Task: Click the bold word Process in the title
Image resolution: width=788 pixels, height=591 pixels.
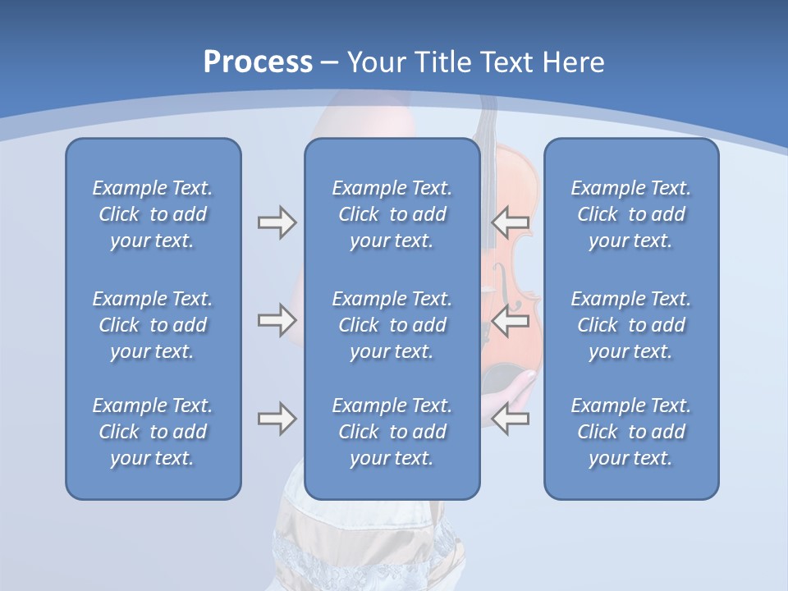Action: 258,62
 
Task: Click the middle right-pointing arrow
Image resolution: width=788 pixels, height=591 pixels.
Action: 277,320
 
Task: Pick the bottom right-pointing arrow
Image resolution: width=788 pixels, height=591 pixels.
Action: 277,419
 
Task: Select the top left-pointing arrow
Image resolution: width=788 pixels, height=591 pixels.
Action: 511,222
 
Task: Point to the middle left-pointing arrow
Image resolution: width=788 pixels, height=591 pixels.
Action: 511,320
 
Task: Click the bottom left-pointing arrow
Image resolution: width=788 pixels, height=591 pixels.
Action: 511,419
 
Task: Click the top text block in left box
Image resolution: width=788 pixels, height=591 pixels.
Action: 153,214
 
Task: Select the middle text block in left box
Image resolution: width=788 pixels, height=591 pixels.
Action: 153,325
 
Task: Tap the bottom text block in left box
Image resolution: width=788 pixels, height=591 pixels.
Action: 153,432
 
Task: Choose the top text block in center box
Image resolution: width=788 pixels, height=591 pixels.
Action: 392,214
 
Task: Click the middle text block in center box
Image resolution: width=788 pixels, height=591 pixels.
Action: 392,325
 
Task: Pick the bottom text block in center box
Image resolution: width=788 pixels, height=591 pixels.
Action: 392,432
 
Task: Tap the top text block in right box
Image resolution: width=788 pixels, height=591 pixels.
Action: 630,214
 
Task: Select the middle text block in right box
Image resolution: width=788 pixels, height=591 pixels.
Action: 630,325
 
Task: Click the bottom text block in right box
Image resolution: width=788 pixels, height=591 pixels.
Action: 630,432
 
